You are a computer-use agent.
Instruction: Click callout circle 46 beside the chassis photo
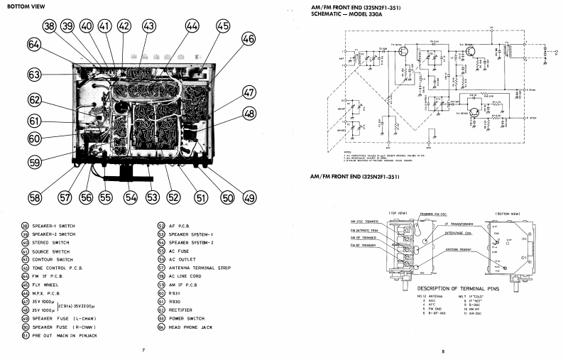(x=248, y=40)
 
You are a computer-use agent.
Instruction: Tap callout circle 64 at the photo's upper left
(x=34, y=43)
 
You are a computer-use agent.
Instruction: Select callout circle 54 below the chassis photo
(x=130, y=198)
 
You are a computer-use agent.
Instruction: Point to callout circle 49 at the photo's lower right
(x=248, y=197)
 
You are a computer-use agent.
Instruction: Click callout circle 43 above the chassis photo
(x=148, y=26)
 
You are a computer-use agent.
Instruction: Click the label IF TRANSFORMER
(x=456, y=222)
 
